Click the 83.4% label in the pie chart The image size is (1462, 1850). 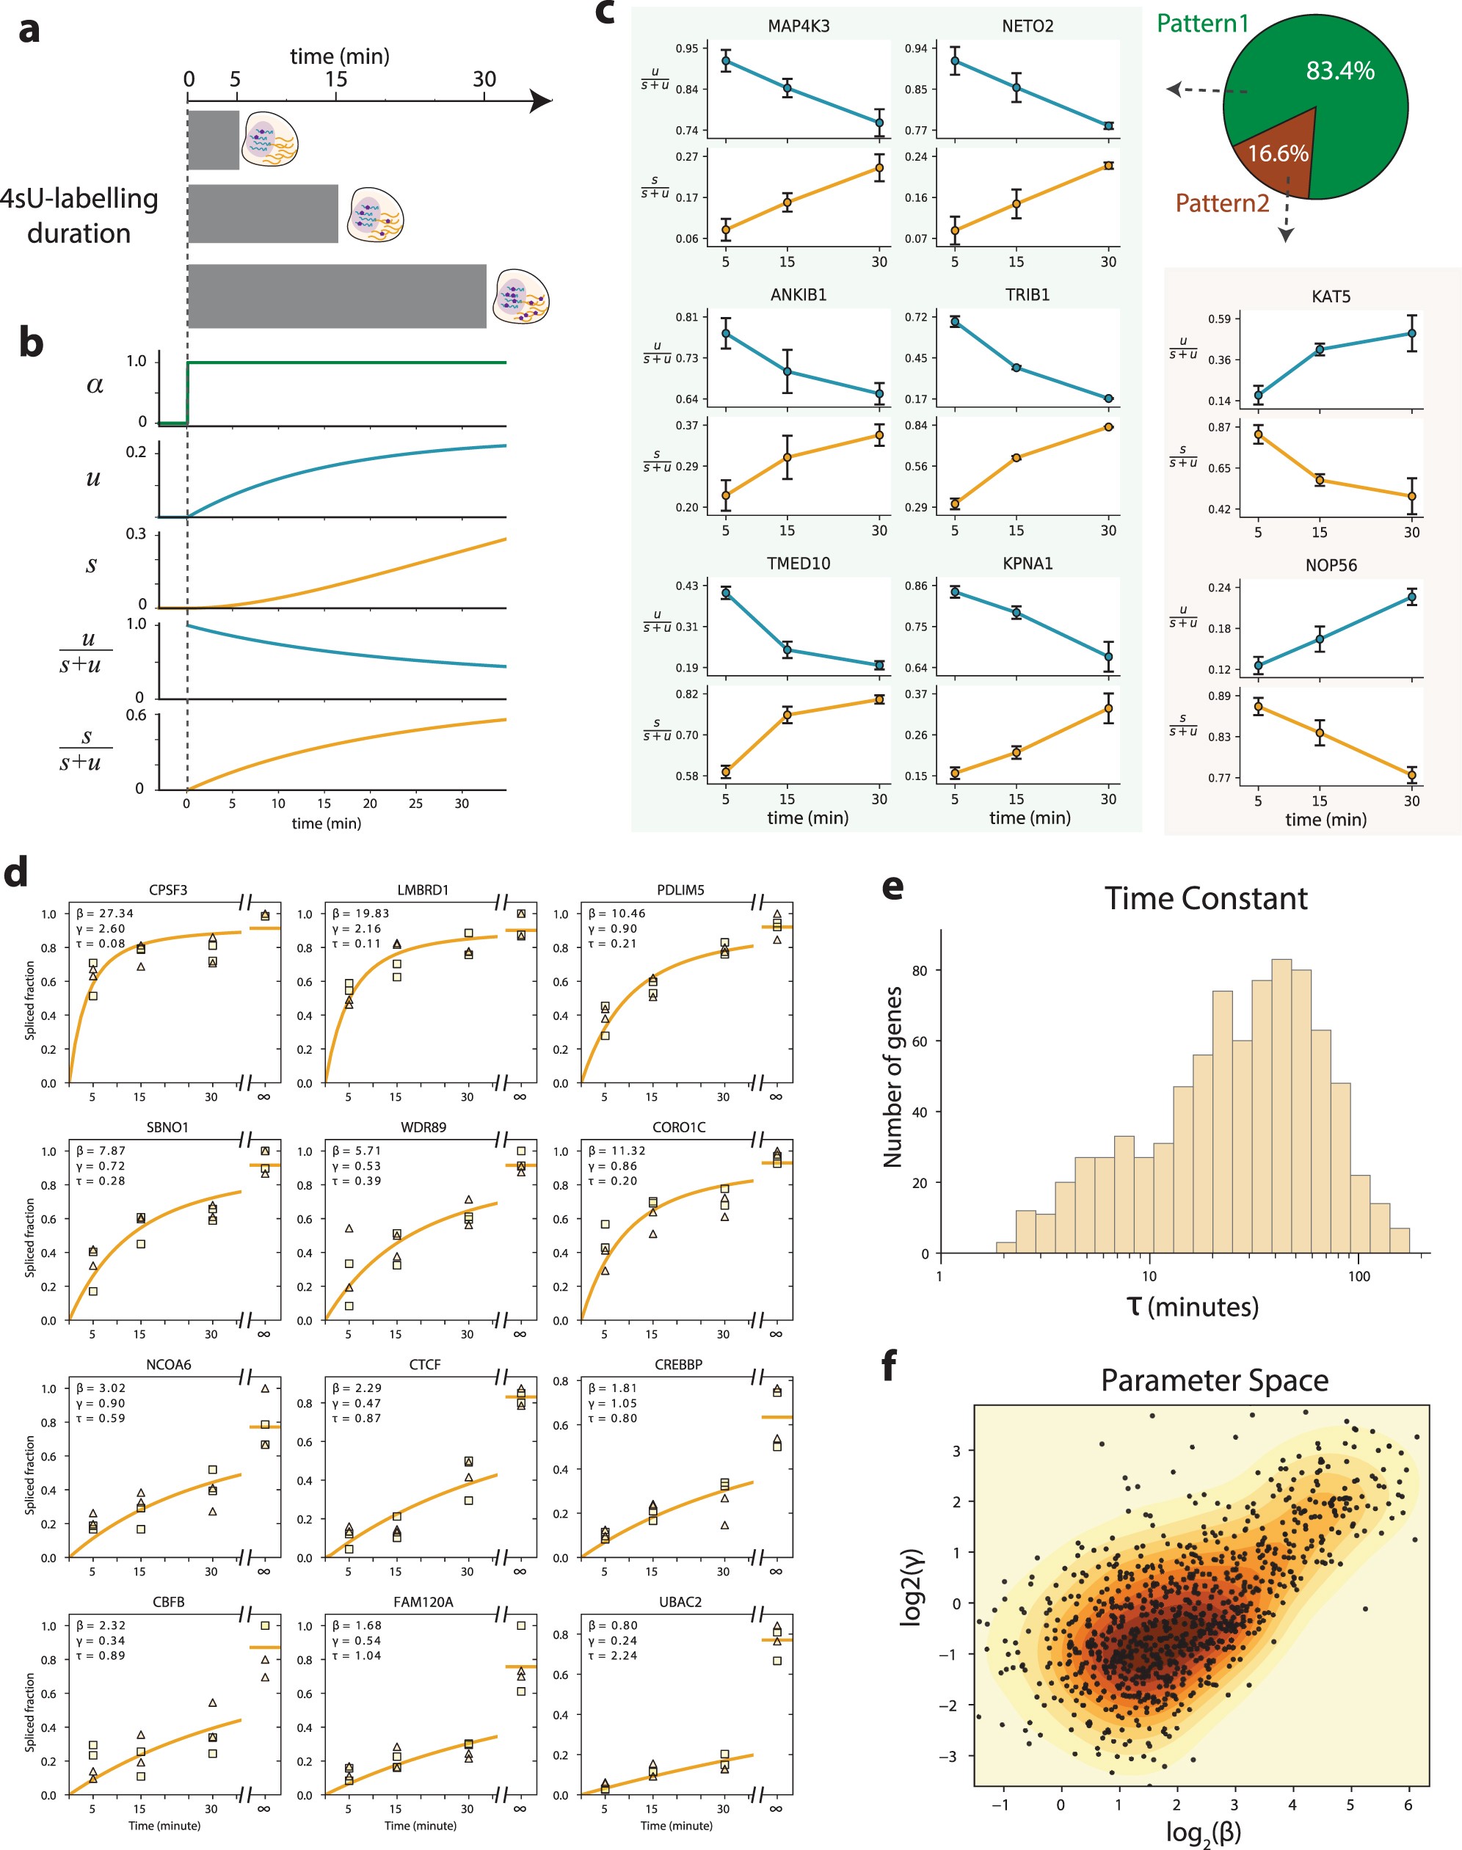coord(1339,70)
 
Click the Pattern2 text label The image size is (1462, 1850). coord(1221,204)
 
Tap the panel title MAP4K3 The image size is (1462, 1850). coord(798,26)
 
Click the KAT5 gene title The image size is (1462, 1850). coord(1330,296)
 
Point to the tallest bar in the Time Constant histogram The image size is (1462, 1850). coord(1281,1104)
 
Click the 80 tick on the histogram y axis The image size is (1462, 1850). coord(920,970)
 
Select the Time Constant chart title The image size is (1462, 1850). coord(1205,898)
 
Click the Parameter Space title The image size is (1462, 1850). coord(1214,1380)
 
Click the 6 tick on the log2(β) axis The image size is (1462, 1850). coord(1408,1805)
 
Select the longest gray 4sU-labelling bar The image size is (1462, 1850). coord(336,296)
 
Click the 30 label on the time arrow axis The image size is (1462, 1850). coord(484,79)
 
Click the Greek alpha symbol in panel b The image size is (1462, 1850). coord(95,386)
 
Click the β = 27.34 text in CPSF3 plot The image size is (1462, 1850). coord(104,913)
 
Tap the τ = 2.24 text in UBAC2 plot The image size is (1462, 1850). coord(613,1656)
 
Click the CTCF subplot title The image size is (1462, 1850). coord(424,1365)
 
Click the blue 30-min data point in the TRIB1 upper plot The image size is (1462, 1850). coord(1108,398)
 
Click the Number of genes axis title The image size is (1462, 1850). coord(892,1077)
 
